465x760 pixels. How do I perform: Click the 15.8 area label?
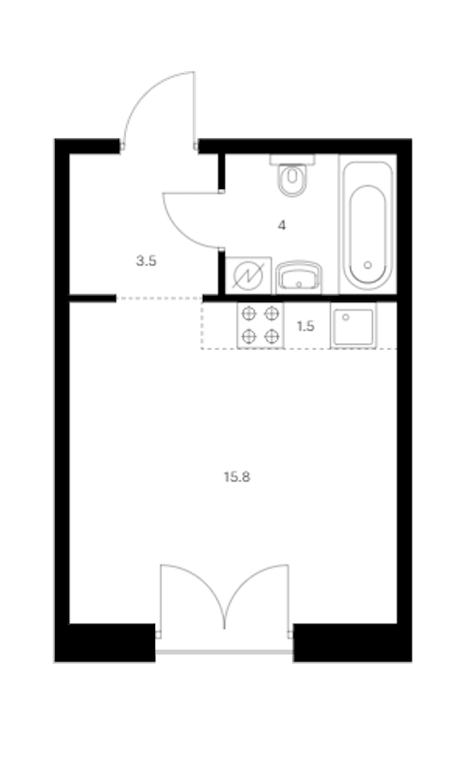236,477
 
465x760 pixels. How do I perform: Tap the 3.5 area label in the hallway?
146,261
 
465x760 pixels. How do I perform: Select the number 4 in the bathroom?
282,225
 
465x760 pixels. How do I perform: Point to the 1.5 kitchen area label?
305,327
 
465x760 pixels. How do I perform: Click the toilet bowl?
292,180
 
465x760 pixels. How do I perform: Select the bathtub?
367,225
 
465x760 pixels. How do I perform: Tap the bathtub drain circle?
367,265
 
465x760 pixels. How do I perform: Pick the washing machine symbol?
248,275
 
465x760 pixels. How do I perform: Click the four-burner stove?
260,325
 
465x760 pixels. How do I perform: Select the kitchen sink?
353,325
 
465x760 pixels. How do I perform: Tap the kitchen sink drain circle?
346,318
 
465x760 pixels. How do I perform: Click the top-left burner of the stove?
249,314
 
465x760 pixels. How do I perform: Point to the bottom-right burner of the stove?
272,335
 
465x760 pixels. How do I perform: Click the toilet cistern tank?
292,160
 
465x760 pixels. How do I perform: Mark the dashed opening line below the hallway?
159,298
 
